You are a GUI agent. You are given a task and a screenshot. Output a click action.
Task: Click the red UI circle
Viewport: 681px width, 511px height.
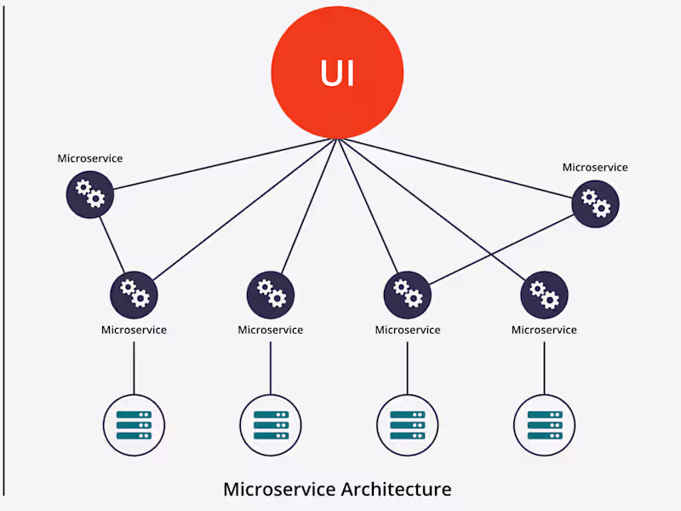tap(337, 73)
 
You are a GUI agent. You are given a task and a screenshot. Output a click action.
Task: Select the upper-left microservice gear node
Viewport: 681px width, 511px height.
tap(90, 195)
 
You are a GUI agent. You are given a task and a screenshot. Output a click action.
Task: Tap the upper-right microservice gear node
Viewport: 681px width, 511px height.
tap(595, 204)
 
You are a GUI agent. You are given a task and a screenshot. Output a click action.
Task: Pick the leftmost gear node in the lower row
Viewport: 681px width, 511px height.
tap(134, 295)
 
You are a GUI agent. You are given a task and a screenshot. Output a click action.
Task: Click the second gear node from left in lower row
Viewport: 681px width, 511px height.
tap(271, 295)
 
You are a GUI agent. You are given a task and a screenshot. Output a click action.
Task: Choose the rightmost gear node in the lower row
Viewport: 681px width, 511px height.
tap(544, 295)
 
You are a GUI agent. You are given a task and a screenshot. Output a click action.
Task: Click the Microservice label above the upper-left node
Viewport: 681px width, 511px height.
tap(90, 158)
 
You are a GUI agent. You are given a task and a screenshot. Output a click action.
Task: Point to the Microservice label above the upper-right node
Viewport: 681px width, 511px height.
tap(595, 167)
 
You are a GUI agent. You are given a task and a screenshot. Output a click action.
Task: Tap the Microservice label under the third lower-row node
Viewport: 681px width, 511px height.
tap(408, 330)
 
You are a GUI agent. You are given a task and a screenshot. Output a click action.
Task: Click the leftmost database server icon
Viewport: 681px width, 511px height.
tap(134, 423)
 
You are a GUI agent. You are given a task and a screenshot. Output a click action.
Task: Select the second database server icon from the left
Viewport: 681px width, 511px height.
tap(271, 423)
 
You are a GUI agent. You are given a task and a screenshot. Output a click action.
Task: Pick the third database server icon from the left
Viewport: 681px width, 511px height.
tap(408, 423)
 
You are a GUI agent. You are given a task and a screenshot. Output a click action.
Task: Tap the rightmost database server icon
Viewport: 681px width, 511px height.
tap(545, 423)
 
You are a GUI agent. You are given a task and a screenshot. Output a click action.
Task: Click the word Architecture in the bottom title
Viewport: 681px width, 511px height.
tap(396, 490)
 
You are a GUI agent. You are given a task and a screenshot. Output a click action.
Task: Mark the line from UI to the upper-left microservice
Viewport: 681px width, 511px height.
tap(221, 164)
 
